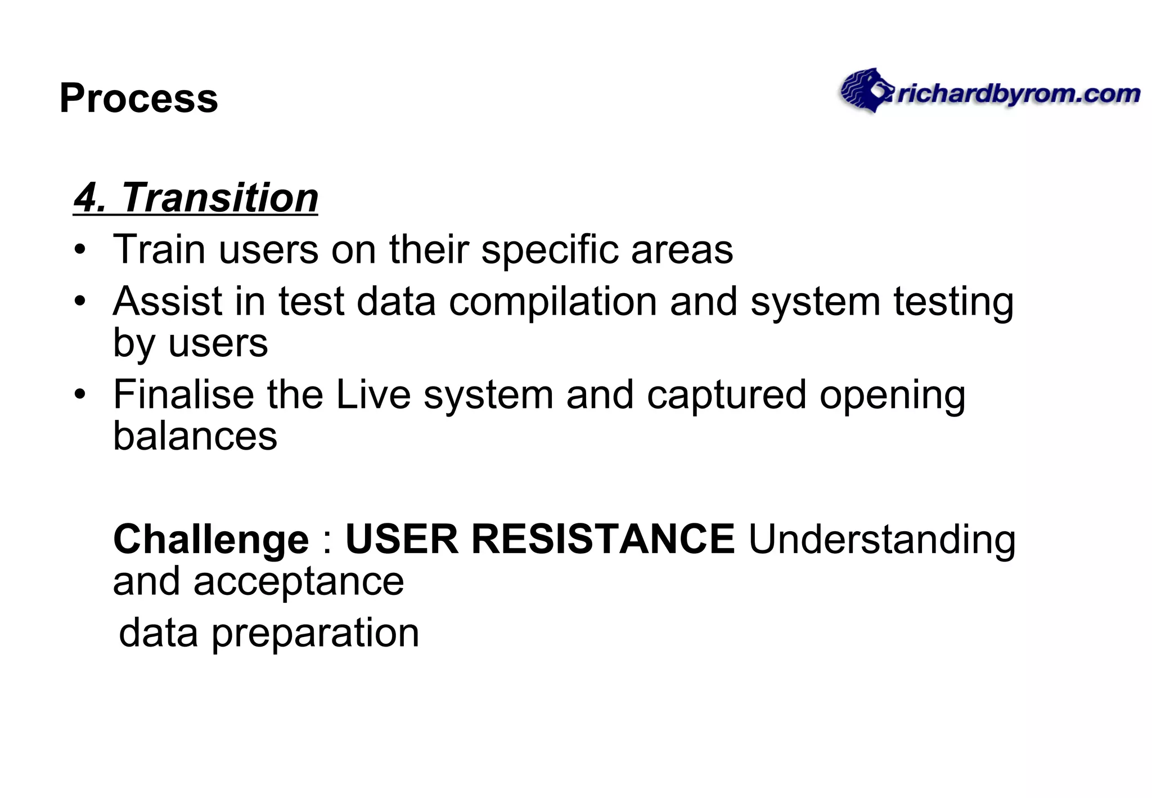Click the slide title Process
click(x=138, y=98)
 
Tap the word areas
click(x=682, y=250)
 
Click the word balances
click(x=195, y=436)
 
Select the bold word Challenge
click(x=211, y=540)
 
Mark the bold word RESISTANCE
click(x=602, y=539)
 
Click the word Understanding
click(x=881, y=540)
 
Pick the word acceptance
click(x=299, y=581)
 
